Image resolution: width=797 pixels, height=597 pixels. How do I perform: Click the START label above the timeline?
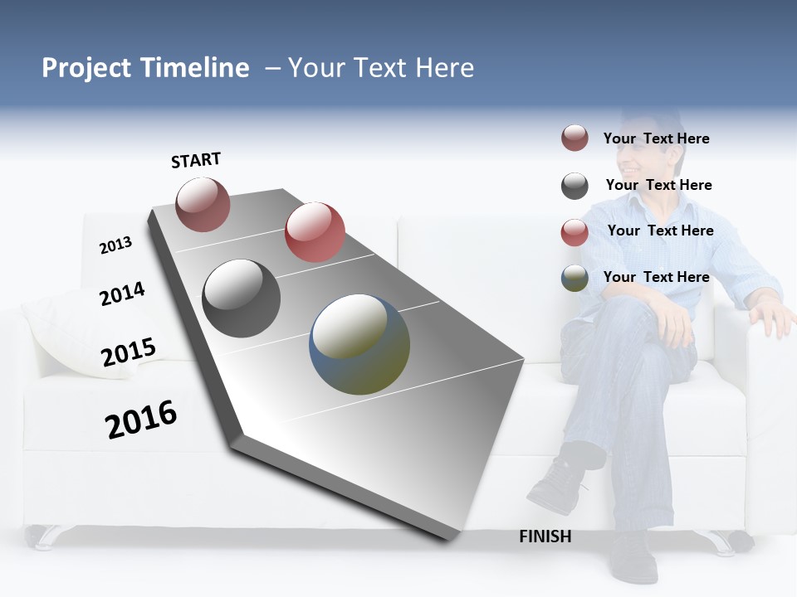click(196, 160)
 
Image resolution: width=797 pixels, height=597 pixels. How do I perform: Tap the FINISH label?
click(545, 536)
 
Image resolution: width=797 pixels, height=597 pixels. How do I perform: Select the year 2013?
click(115, 245)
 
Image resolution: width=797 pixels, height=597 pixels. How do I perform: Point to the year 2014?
click(122, 294)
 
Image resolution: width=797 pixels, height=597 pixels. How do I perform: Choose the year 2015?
click(129, 352)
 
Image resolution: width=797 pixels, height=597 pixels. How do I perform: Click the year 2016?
click(141, 420)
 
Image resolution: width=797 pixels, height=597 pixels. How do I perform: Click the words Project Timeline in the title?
click(145, 68)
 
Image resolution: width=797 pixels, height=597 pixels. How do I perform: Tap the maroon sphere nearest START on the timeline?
click(203, 204)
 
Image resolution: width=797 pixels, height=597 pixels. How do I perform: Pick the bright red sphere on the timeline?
click(315, 231)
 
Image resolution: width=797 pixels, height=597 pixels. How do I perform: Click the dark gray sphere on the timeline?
click(242, 298)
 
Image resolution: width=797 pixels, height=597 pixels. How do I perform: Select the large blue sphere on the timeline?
click(359, 344)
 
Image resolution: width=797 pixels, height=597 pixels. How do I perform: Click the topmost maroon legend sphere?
click(575, 138)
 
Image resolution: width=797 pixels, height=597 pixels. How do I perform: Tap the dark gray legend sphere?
click(575, 186)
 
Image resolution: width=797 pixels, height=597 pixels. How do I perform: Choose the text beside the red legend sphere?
click(660, 231)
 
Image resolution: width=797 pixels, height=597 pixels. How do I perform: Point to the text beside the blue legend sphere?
click(656, 277)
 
